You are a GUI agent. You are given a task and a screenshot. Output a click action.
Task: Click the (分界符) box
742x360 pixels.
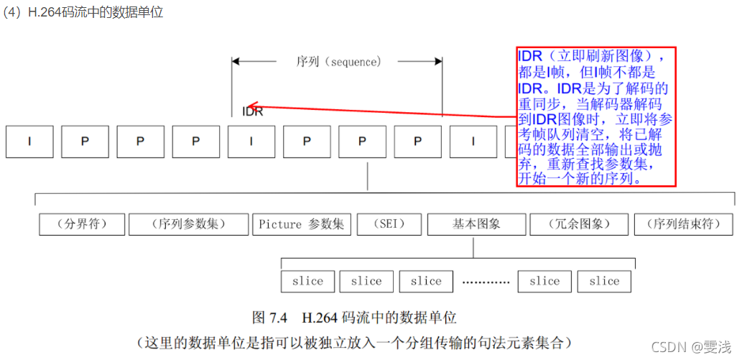pyautogui.click(x=83, y=224)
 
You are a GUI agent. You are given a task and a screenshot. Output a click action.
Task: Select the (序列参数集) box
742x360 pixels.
pyautogui.click(x=188, y=224)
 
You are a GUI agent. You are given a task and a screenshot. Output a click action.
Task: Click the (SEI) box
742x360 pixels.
pyautogui.click(x=389, y=224)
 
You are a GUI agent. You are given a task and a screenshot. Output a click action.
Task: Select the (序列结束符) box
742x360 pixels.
pyautogui.click(x=683, y=224)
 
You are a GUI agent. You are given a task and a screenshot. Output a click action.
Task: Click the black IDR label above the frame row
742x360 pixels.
pyautogui.click(x=252, y=112)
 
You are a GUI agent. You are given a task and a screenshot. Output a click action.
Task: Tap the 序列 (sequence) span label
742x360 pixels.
pyautogui.click(x=337, y=62)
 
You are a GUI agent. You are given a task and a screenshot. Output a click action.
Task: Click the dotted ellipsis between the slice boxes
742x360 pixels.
pyautogui.click(x=485, y=282)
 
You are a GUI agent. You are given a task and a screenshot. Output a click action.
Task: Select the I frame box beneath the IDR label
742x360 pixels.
pyautogui.click(x=251, y=142)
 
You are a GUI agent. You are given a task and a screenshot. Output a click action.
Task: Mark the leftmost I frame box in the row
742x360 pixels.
pyautogui.click(x=29, y=142)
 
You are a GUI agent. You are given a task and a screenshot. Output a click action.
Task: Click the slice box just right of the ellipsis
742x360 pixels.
pyautogui.click(x=544, y=282)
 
